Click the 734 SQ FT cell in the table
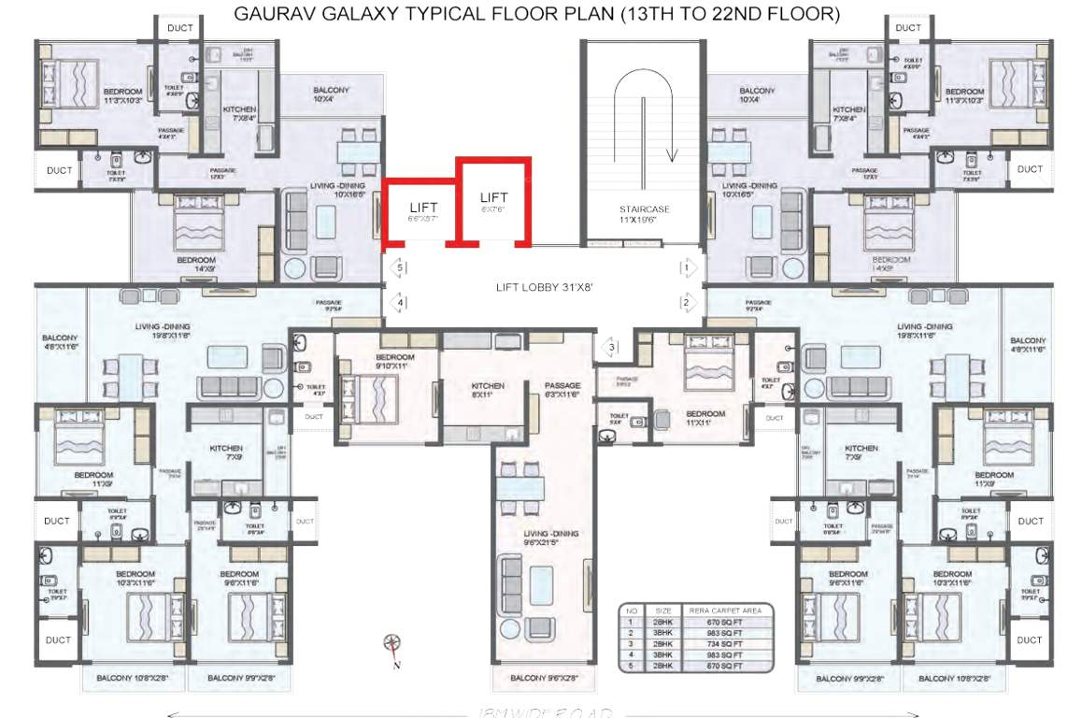pos(725,644)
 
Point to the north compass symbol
pos(392,643)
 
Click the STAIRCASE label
pos(644,209)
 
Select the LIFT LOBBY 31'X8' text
pos(542,287)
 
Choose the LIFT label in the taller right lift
pos(493,197)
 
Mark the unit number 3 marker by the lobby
pos(612,348)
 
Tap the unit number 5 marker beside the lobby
pos(399,268)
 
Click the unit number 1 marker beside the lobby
pos(687,268)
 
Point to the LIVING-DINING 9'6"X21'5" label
pos(550,538)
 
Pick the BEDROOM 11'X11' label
pos(705,418)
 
